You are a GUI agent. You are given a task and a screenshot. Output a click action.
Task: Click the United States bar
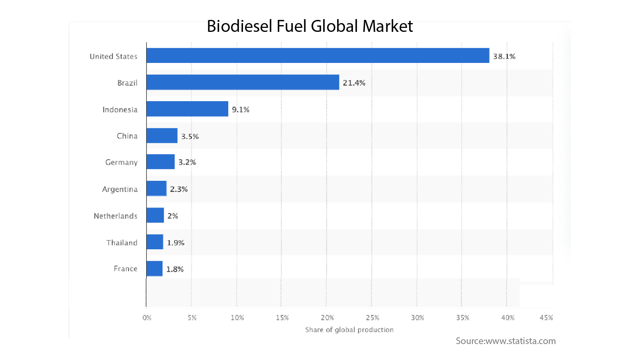318,56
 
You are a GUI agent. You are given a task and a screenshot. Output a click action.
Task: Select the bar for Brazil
243,82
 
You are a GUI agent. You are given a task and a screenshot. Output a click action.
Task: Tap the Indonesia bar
187,109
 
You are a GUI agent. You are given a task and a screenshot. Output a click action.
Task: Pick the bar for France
155,268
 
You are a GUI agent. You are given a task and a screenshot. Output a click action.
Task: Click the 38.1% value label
504,57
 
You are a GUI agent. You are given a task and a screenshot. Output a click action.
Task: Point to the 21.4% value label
354,83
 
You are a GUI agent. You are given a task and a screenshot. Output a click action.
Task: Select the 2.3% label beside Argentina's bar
178,189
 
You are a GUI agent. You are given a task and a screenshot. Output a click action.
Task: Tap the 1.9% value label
175,243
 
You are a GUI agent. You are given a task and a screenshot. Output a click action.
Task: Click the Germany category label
122,162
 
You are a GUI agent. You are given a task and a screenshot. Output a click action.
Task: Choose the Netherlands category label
116,216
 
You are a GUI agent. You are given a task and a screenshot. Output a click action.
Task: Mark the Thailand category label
122,243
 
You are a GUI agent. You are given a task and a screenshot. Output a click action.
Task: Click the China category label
127,136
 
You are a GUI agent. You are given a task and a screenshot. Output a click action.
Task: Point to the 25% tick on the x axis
372,317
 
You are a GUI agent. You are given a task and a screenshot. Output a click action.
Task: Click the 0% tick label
147,317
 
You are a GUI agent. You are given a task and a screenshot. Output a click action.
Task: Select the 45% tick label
546,317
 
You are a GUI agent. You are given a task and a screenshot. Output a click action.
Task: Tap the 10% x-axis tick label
237,317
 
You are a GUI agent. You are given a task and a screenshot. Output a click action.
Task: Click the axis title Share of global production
349,330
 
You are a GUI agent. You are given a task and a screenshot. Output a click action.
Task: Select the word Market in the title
387,26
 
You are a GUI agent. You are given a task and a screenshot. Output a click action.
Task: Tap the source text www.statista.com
521,341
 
